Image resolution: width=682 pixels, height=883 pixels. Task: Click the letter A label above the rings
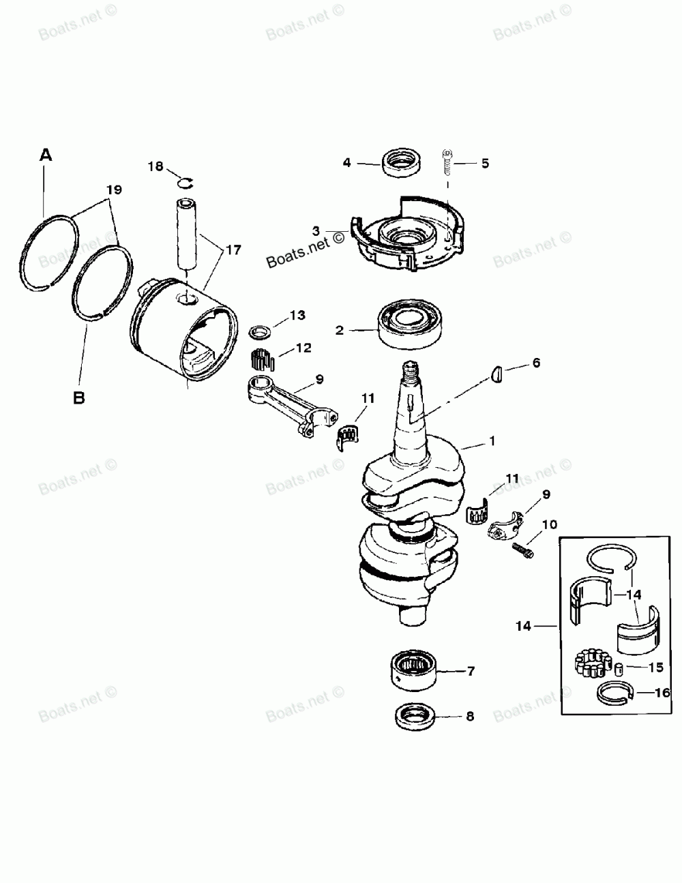point(46,155)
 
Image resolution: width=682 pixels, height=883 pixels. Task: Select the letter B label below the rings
point(79,398)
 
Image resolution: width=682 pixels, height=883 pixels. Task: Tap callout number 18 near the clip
point(155,166)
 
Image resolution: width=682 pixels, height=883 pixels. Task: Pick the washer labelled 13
point(259,332)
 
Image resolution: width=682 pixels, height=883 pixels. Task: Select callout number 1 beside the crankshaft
point(491,442)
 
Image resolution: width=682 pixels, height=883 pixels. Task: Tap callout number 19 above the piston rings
point(114,190)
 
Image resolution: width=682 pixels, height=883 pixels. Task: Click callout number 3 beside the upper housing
point(316,230)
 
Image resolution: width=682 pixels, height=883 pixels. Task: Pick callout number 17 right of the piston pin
point(233,250)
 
